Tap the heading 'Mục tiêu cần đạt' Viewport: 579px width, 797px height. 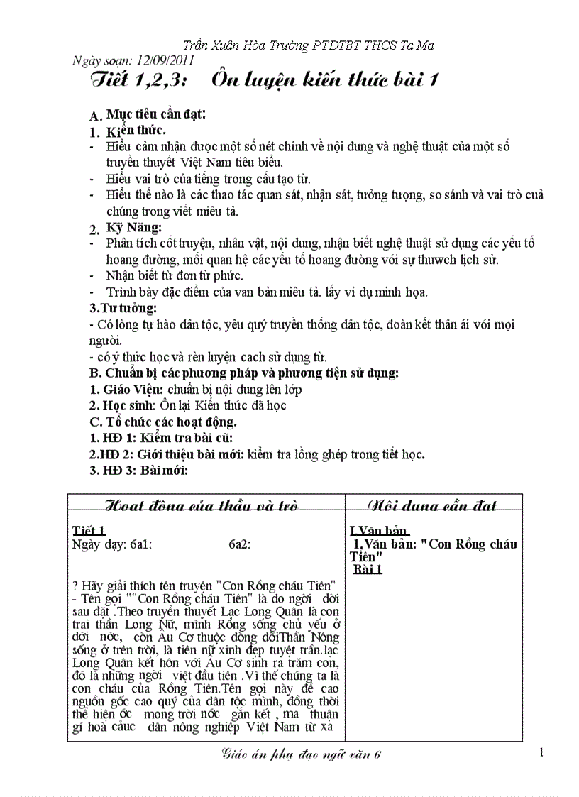click(156, 114)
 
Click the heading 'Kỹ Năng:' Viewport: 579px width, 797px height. click(134, 227)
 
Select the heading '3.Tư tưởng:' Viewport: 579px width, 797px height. click(123, 308)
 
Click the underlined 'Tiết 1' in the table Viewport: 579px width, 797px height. click(89, 531)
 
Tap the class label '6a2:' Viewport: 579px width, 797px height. click(239, 544)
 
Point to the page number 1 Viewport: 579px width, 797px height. click(541, 752)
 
